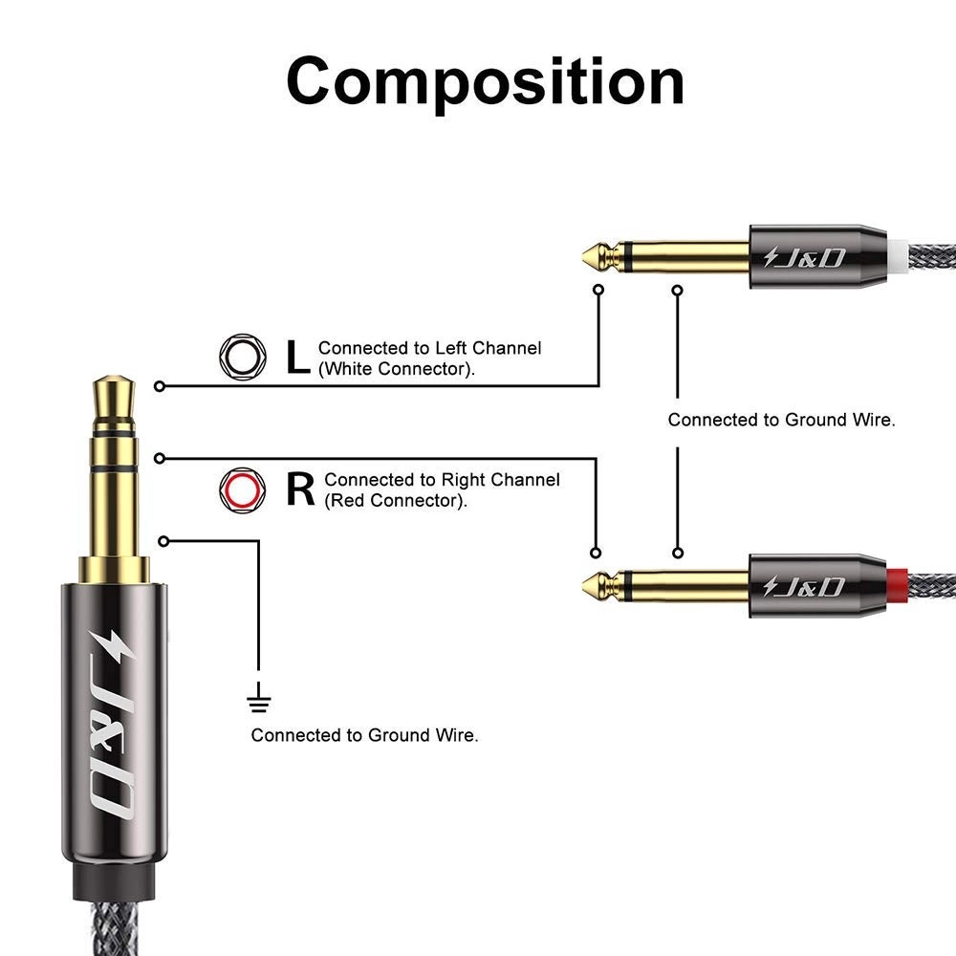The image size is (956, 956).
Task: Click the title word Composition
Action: click(x=485, y=81)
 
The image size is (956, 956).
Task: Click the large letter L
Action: click(x=298, y=358)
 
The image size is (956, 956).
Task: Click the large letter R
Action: click(x=300, y=489)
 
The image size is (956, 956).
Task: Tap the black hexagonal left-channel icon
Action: click(x=239, y=357)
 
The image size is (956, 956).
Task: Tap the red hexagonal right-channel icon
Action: click(x=239, y=489)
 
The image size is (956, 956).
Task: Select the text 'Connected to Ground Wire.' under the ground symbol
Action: click(x=364, y=735)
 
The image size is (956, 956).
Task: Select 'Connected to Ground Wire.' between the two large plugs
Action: click(x=781, y=420)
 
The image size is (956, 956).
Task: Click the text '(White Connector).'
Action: click(x=396, y=369)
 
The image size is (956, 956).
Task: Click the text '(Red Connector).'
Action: click(x=395, y=501)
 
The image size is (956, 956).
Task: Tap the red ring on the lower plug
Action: click(x=896, y=583)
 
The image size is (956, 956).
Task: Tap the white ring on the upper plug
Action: click(x=896, y=256)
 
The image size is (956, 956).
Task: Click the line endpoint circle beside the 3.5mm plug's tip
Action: click(x=160, y=386)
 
